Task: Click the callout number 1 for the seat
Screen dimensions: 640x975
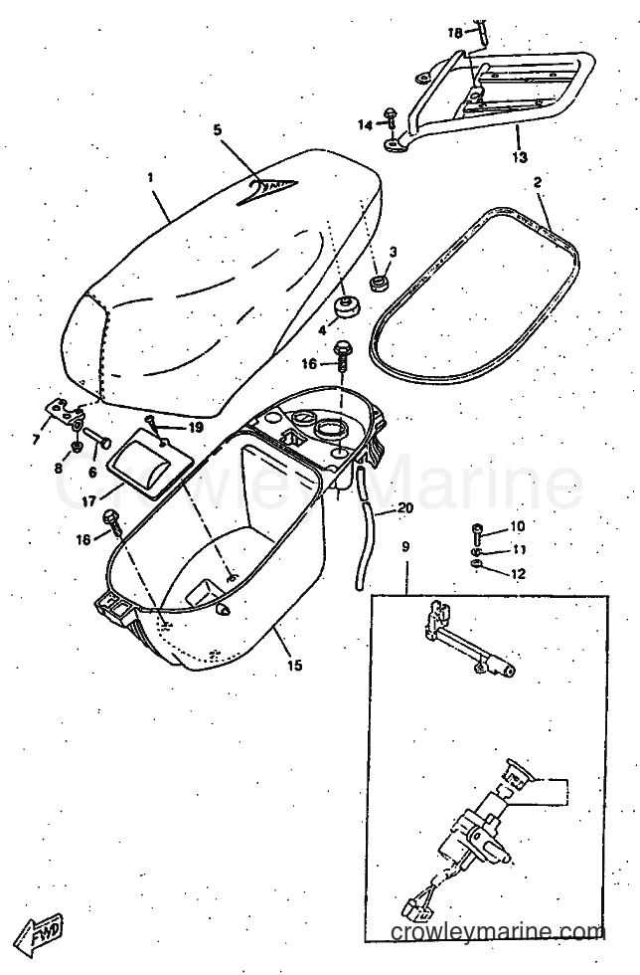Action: pos(150,177)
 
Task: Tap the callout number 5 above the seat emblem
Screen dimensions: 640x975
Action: pos(217,130)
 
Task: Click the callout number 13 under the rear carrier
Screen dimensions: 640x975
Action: pos(520,157)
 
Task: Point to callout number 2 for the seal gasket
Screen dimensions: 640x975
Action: pos(538,182)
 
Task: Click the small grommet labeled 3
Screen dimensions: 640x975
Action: pos(377,283)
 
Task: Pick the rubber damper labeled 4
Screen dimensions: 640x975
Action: pos(344,307)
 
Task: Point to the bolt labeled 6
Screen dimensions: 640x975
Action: pos(95,437)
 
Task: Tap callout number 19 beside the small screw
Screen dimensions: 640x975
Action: pos(195,427)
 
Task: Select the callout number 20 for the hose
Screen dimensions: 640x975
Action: pos(404,508)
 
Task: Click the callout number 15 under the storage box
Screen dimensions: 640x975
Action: pos(294,665)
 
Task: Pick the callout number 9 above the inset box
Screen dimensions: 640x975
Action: pos(405,546)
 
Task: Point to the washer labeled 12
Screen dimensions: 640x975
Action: pos(477,564)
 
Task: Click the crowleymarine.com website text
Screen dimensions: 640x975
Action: pos(498,932)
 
